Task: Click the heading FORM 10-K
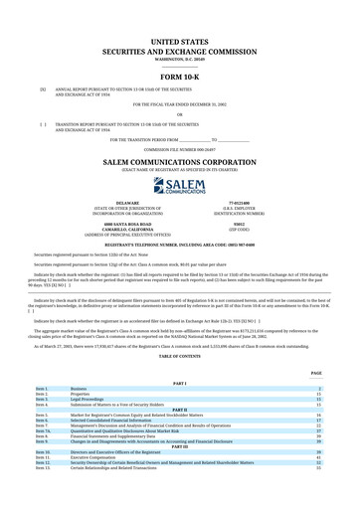tap(179, 77)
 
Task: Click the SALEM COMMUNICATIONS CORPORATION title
tap(179, 159)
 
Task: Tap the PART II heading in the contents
tap(179, 409)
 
